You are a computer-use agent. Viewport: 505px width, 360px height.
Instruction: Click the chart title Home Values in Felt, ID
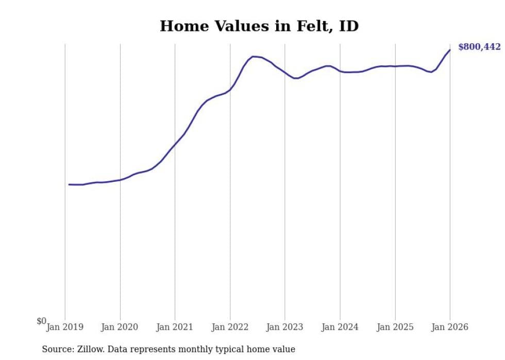point(259,26)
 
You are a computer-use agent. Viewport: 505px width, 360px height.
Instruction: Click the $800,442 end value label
point(479,47)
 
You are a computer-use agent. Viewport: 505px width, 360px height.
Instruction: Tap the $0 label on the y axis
point(41,321)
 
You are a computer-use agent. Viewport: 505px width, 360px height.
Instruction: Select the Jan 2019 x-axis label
point(65,327)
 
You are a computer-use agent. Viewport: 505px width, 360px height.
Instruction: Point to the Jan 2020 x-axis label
point(120,327)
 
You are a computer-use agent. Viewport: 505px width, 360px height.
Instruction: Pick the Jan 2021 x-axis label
point(175,327)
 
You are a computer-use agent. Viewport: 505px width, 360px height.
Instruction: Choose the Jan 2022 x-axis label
point(230,327)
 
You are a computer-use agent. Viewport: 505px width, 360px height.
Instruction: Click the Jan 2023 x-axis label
point(284,327)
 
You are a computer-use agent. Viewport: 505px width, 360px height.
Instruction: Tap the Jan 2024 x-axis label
point(340,327)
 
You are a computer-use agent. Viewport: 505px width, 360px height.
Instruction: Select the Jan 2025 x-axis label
point(395,327)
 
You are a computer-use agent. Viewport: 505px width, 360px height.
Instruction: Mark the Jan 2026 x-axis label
point(450,327)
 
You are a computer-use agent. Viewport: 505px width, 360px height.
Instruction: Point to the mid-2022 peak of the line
point(253,56)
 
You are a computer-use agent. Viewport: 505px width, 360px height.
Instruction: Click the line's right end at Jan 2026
point(450,50)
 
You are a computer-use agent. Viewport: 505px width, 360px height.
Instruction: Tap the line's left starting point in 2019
point(69,184)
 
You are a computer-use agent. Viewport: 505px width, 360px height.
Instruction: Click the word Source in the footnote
point(56,349)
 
